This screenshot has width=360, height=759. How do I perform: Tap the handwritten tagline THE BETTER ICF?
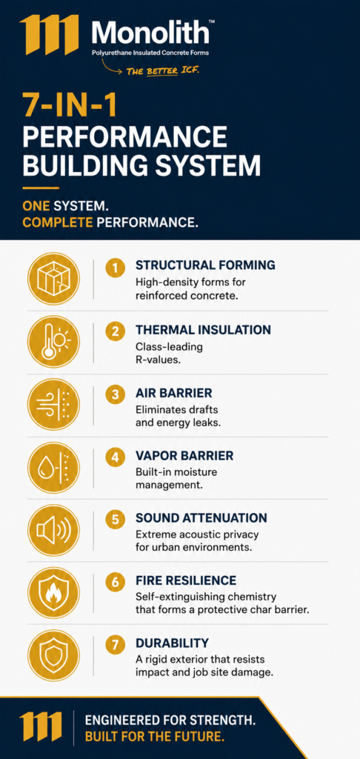click(x=162, y=71)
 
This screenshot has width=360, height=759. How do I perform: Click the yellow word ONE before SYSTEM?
click(x=36, y=206)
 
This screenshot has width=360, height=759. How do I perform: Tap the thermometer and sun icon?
click(x=53, y=342)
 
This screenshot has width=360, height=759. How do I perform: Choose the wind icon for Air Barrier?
click(x=53, y=405)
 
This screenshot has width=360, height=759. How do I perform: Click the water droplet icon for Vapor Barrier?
click(x=53, y=468)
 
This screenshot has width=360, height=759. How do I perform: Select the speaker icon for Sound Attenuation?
click(x=53, y=530)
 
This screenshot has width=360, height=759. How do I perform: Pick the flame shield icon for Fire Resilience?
click(x=53, y=593)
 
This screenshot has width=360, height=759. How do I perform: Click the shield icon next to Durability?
click(x=53, y=655)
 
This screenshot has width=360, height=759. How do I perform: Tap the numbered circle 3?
click(x=115, y=394)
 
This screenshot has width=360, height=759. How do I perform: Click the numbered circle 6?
click(x=115, y=581)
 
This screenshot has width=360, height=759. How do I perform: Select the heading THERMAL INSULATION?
click(x=203, y=330)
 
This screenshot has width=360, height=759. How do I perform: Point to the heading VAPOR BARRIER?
click(x=184, y=456)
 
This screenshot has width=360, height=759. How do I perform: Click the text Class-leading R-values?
click(x=169, y=354)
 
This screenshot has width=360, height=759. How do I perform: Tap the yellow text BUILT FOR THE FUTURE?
click(x=155, y=738)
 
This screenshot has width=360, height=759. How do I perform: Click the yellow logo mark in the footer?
click(x=41, y=728)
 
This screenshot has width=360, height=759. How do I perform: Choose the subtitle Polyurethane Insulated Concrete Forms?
click(x=150, y=53)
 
